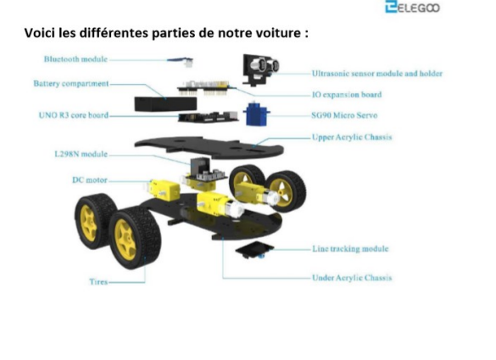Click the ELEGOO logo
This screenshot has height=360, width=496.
[412, 7]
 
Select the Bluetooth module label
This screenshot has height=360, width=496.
[75, 59]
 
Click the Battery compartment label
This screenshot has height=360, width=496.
[71, 84]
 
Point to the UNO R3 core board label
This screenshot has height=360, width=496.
[74, 115]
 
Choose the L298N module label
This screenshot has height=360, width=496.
[81, 154]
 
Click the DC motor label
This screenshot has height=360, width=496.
[90, 180]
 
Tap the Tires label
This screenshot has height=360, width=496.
[98, 281]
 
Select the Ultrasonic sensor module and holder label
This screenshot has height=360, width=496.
[377, 74]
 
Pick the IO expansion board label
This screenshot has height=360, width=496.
[347, 95]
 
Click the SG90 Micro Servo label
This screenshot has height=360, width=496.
[344, 115]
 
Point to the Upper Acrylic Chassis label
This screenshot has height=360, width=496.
[352, 137]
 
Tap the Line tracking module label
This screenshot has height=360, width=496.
[350, 249]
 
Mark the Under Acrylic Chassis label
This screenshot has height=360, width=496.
[352, 278]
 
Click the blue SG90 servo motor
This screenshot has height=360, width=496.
[256, 114]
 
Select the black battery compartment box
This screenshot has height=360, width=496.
[165, 104]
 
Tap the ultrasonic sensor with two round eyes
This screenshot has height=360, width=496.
[260, 69]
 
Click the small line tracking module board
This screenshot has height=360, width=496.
[254, 250]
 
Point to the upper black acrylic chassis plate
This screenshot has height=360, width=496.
[209, 147]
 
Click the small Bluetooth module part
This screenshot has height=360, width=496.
[181, 61]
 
